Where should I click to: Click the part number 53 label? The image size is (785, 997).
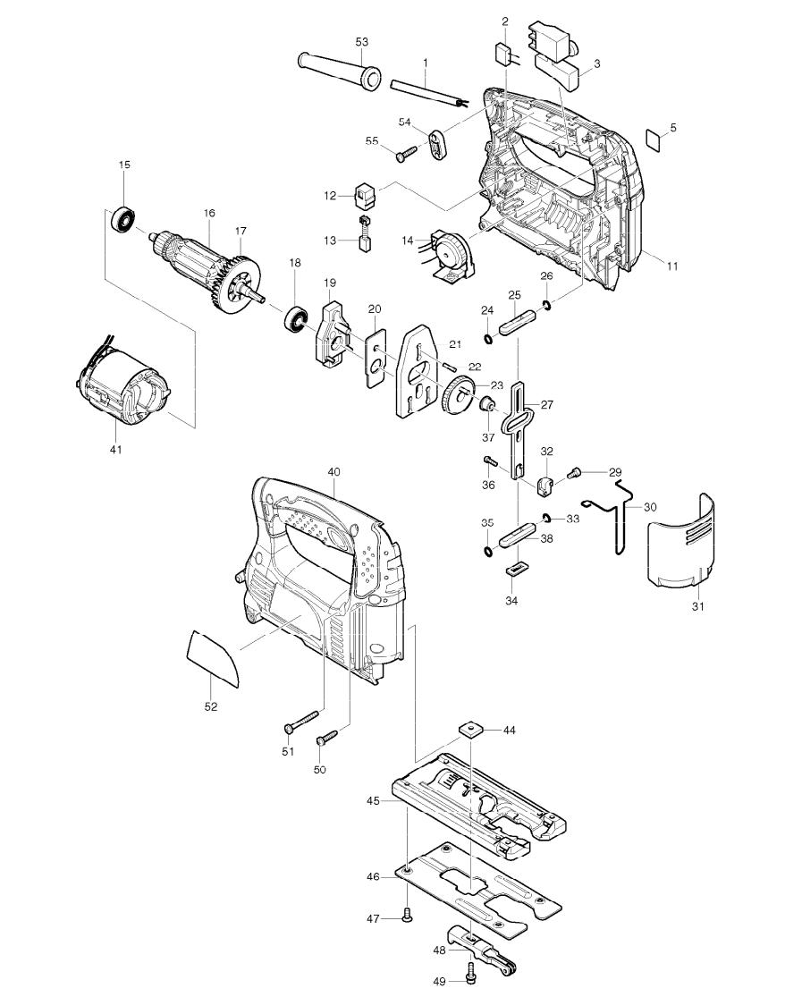362,42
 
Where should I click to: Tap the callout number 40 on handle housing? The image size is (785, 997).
333,471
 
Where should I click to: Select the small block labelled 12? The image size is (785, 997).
365,193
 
